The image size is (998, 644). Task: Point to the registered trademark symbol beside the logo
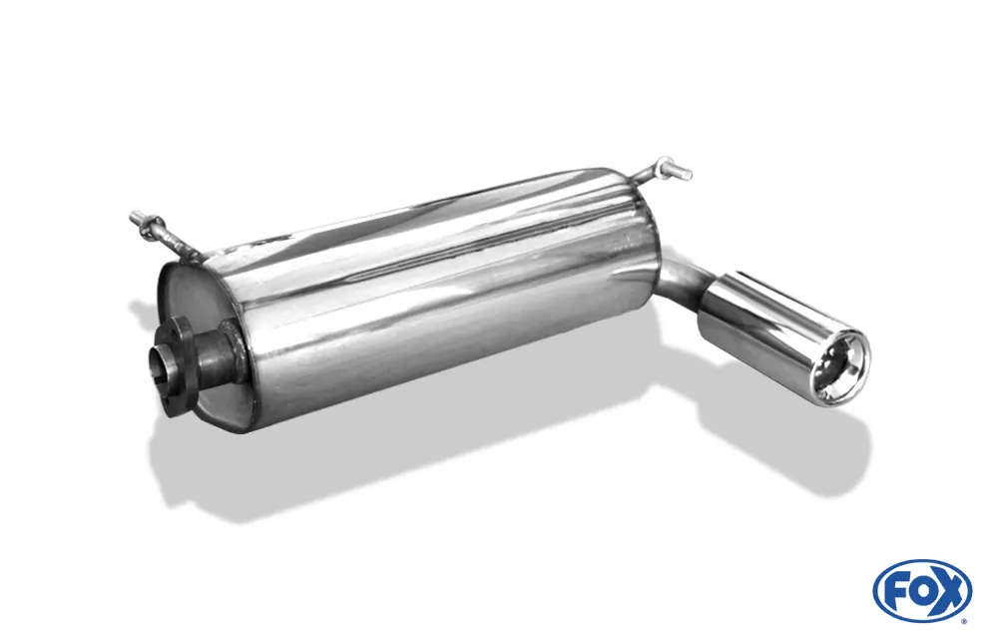click(x=966, y=620)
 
